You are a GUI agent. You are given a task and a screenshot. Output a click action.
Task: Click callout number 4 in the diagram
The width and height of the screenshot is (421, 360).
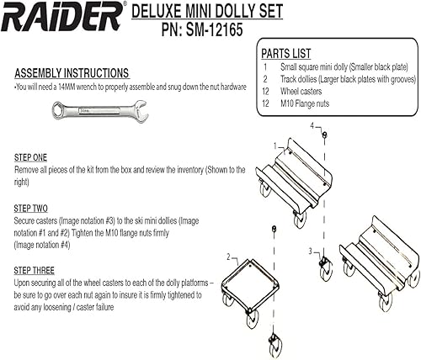[312, 126]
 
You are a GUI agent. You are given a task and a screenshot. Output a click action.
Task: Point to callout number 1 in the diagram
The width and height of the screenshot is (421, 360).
[274, 146]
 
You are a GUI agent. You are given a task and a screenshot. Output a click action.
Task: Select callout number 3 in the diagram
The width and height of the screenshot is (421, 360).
[311, 250]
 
